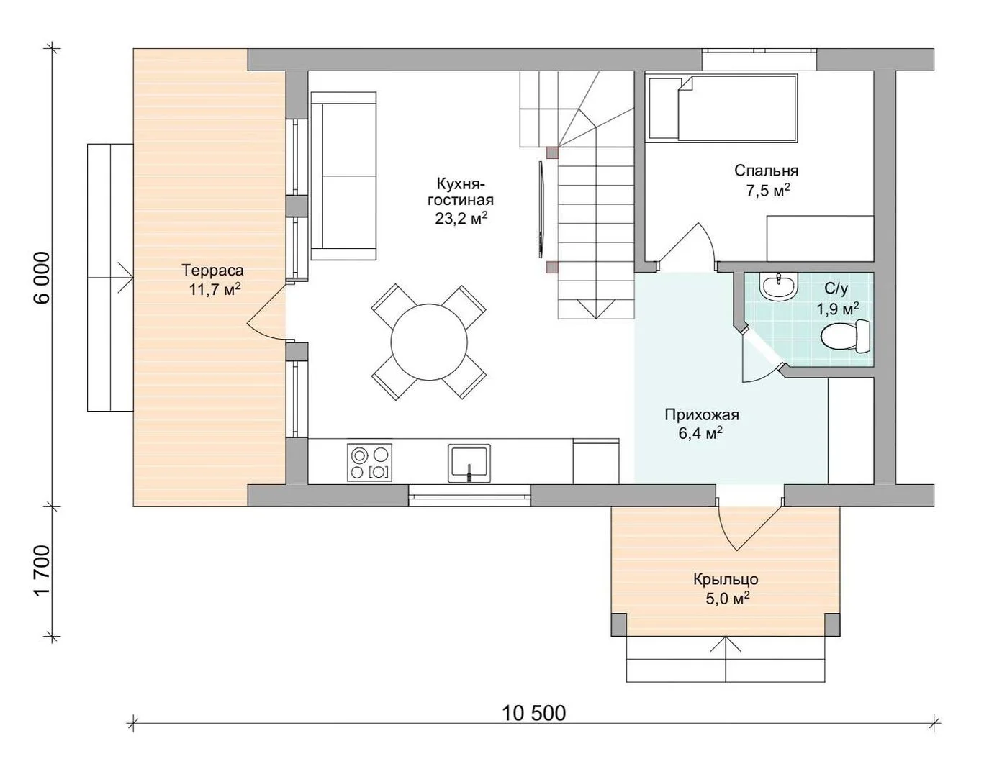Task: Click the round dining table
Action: (x=429, y=342)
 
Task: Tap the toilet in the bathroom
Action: (x=846, y=337)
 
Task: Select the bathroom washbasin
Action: (x=778, y=286)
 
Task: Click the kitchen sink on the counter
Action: (x=469, y=463)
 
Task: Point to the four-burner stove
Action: (x=369, y=462)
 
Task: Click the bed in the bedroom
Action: (x=723, y=109)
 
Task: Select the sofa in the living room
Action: (x=343, y=176)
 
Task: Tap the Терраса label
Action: (x=212, y=270)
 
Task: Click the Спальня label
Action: (x=767, y=171)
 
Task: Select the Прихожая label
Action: (x=702, y=414)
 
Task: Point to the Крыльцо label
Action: (x=726, y=580)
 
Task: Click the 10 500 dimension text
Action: (x=533, y=712)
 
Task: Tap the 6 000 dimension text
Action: (x=42, y=278)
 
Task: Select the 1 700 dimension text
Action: (x=42, y=571)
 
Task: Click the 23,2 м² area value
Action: (x=461, y=218)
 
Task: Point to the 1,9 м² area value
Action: (x=838, y=309)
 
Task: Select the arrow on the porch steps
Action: (x=726, y=659)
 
